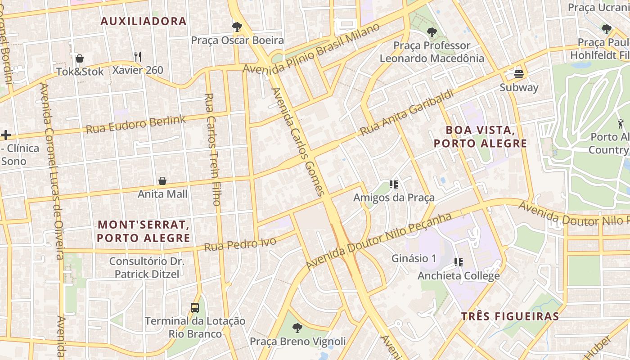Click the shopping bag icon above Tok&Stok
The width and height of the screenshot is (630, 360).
tap(80, 58)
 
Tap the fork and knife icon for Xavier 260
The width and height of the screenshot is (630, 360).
tap(138, 57)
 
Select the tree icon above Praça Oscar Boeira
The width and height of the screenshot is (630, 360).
tap(237, 27)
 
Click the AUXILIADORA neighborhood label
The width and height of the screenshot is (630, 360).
tap(144, 21)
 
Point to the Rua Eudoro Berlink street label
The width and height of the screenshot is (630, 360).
tap(135, 124)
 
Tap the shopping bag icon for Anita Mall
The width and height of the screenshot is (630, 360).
tap(162, 181)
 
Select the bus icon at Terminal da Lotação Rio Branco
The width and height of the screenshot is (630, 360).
tap(195, 308)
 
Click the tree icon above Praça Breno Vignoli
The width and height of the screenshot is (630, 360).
tap(297, 328)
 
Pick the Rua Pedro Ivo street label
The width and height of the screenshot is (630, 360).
tap(240, 244)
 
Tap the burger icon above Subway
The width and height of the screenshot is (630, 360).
tap(519, 74)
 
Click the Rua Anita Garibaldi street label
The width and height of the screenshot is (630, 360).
tap(406, 113)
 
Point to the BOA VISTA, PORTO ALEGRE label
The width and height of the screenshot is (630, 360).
tap(480, 137)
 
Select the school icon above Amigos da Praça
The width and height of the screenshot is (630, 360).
tap(394, 184)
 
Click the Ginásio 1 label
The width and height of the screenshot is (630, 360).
tap(414, 258)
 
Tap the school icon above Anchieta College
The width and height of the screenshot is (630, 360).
tap(459, 262)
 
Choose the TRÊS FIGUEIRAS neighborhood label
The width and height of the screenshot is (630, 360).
tap(510, 316)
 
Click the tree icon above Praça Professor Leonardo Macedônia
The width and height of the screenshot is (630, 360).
tap(432, 32)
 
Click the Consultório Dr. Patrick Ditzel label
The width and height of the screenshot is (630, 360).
tap(147, 267)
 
